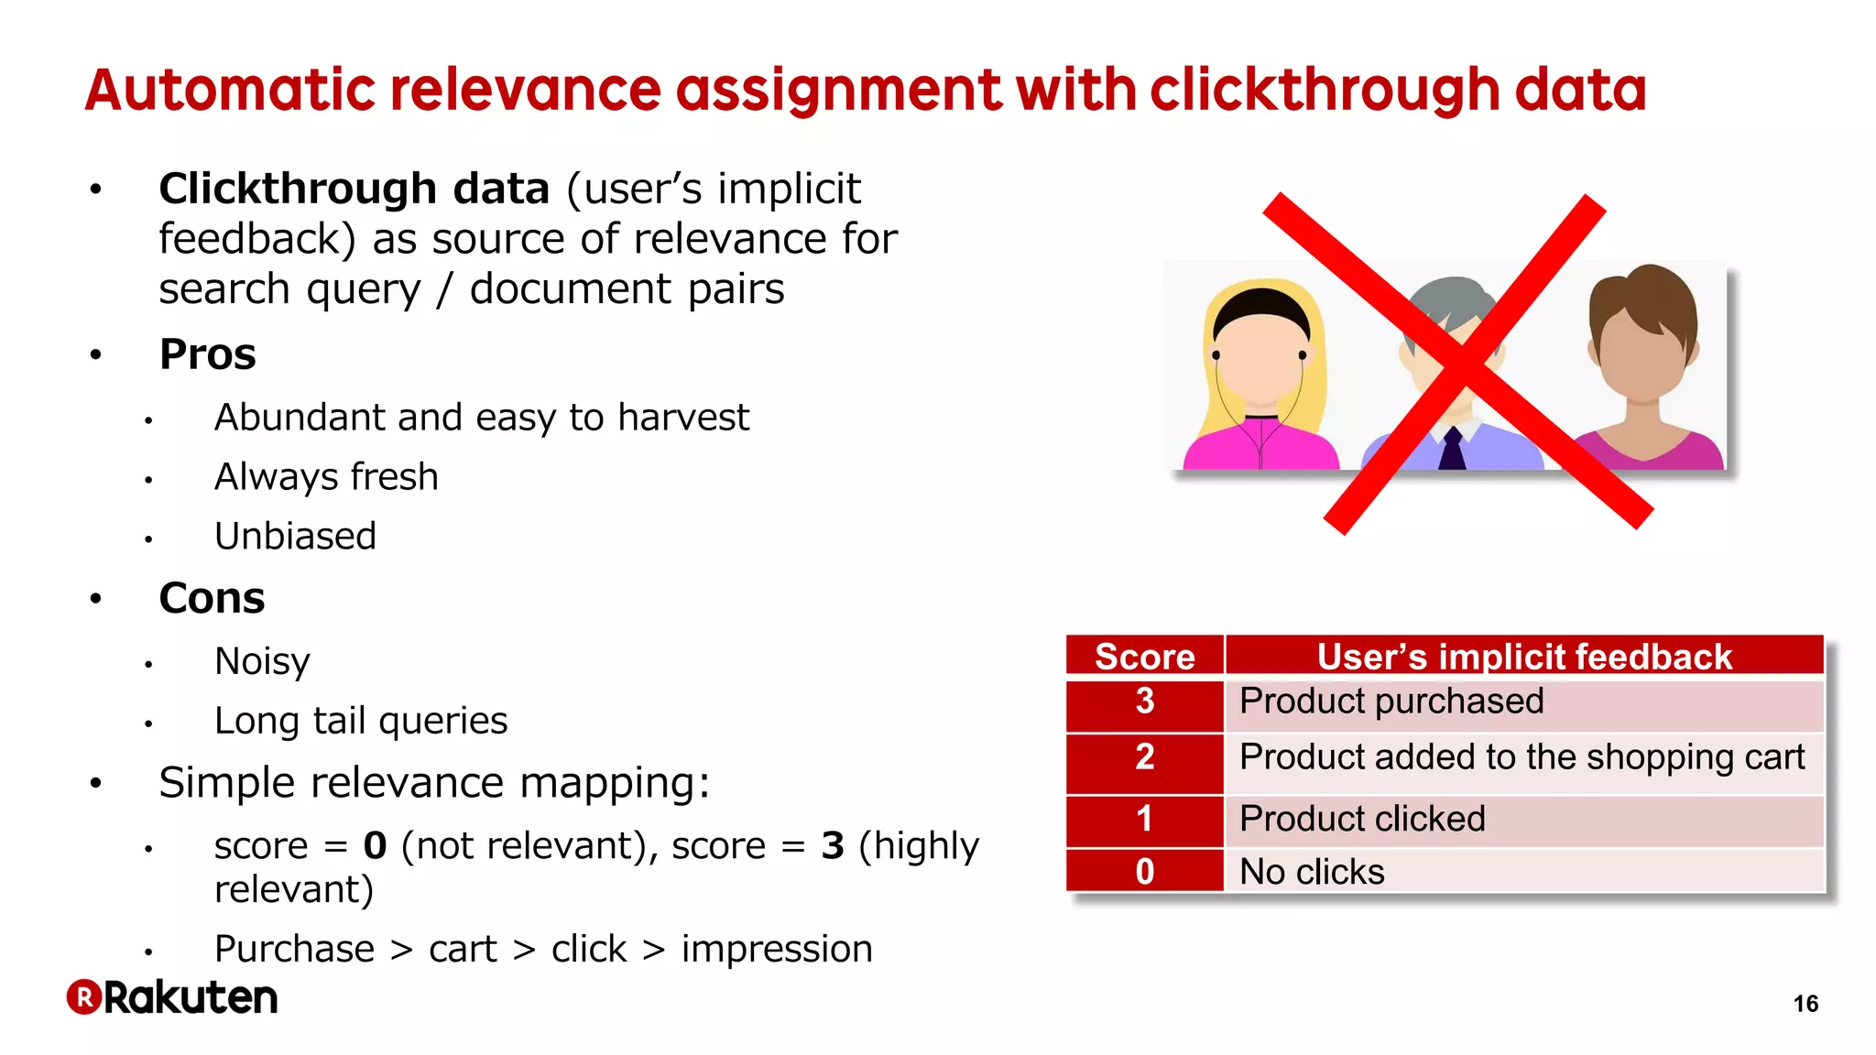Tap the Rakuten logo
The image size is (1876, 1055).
[172, 997]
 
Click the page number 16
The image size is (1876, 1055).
[1805, 1004]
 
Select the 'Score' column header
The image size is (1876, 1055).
[1144, 657]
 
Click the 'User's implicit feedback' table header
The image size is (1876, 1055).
[1523, 657]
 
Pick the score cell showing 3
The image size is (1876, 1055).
[1144, 702]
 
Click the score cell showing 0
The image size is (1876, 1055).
[1144, 872]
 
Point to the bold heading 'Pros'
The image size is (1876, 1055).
[207, 354]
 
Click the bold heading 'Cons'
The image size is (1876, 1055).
[212, 599]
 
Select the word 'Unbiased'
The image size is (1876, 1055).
[295, 537]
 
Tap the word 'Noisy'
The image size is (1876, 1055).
[262, 661]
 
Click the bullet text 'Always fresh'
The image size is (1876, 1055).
[326, 477]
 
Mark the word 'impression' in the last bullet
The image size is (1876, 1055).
[777, 950]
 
